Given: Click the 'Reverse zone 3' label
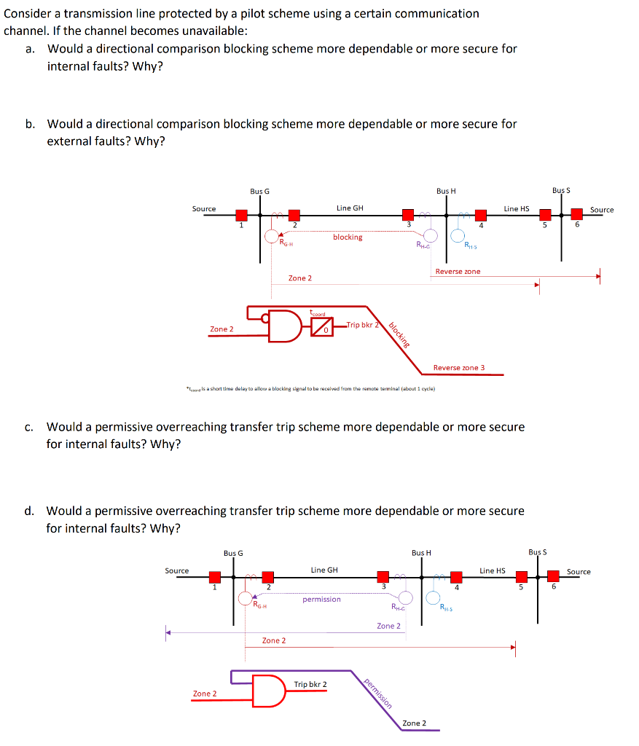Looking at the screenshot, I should coord(458,367).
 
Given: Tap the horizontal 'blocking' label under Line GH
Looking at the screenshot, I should coord(348,237).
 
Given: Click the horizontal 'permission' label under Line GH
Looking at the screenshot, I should coord(321,599).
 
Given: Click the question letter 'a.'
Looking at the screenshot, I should coord(31,49).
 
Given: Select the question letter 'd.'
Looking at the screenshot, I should coord(30,511).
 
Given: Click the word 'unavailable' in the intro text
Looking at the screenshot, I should coord(210,31).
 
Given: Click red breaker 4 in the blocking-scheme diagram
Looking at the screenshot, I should coord(481,215).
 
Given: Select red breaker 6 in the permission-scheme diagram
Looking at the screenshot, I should coord(553,576).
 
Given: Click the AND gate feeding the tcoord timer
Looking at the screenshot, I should coord(287,326).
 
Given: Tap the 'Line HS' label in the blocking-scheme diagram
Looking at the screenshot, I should coord(516,208).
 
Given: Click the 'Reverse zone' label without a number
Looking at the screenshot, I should coord(458,271).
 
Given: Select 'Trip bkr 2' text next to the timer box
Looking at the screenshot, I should coord(362,324).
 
